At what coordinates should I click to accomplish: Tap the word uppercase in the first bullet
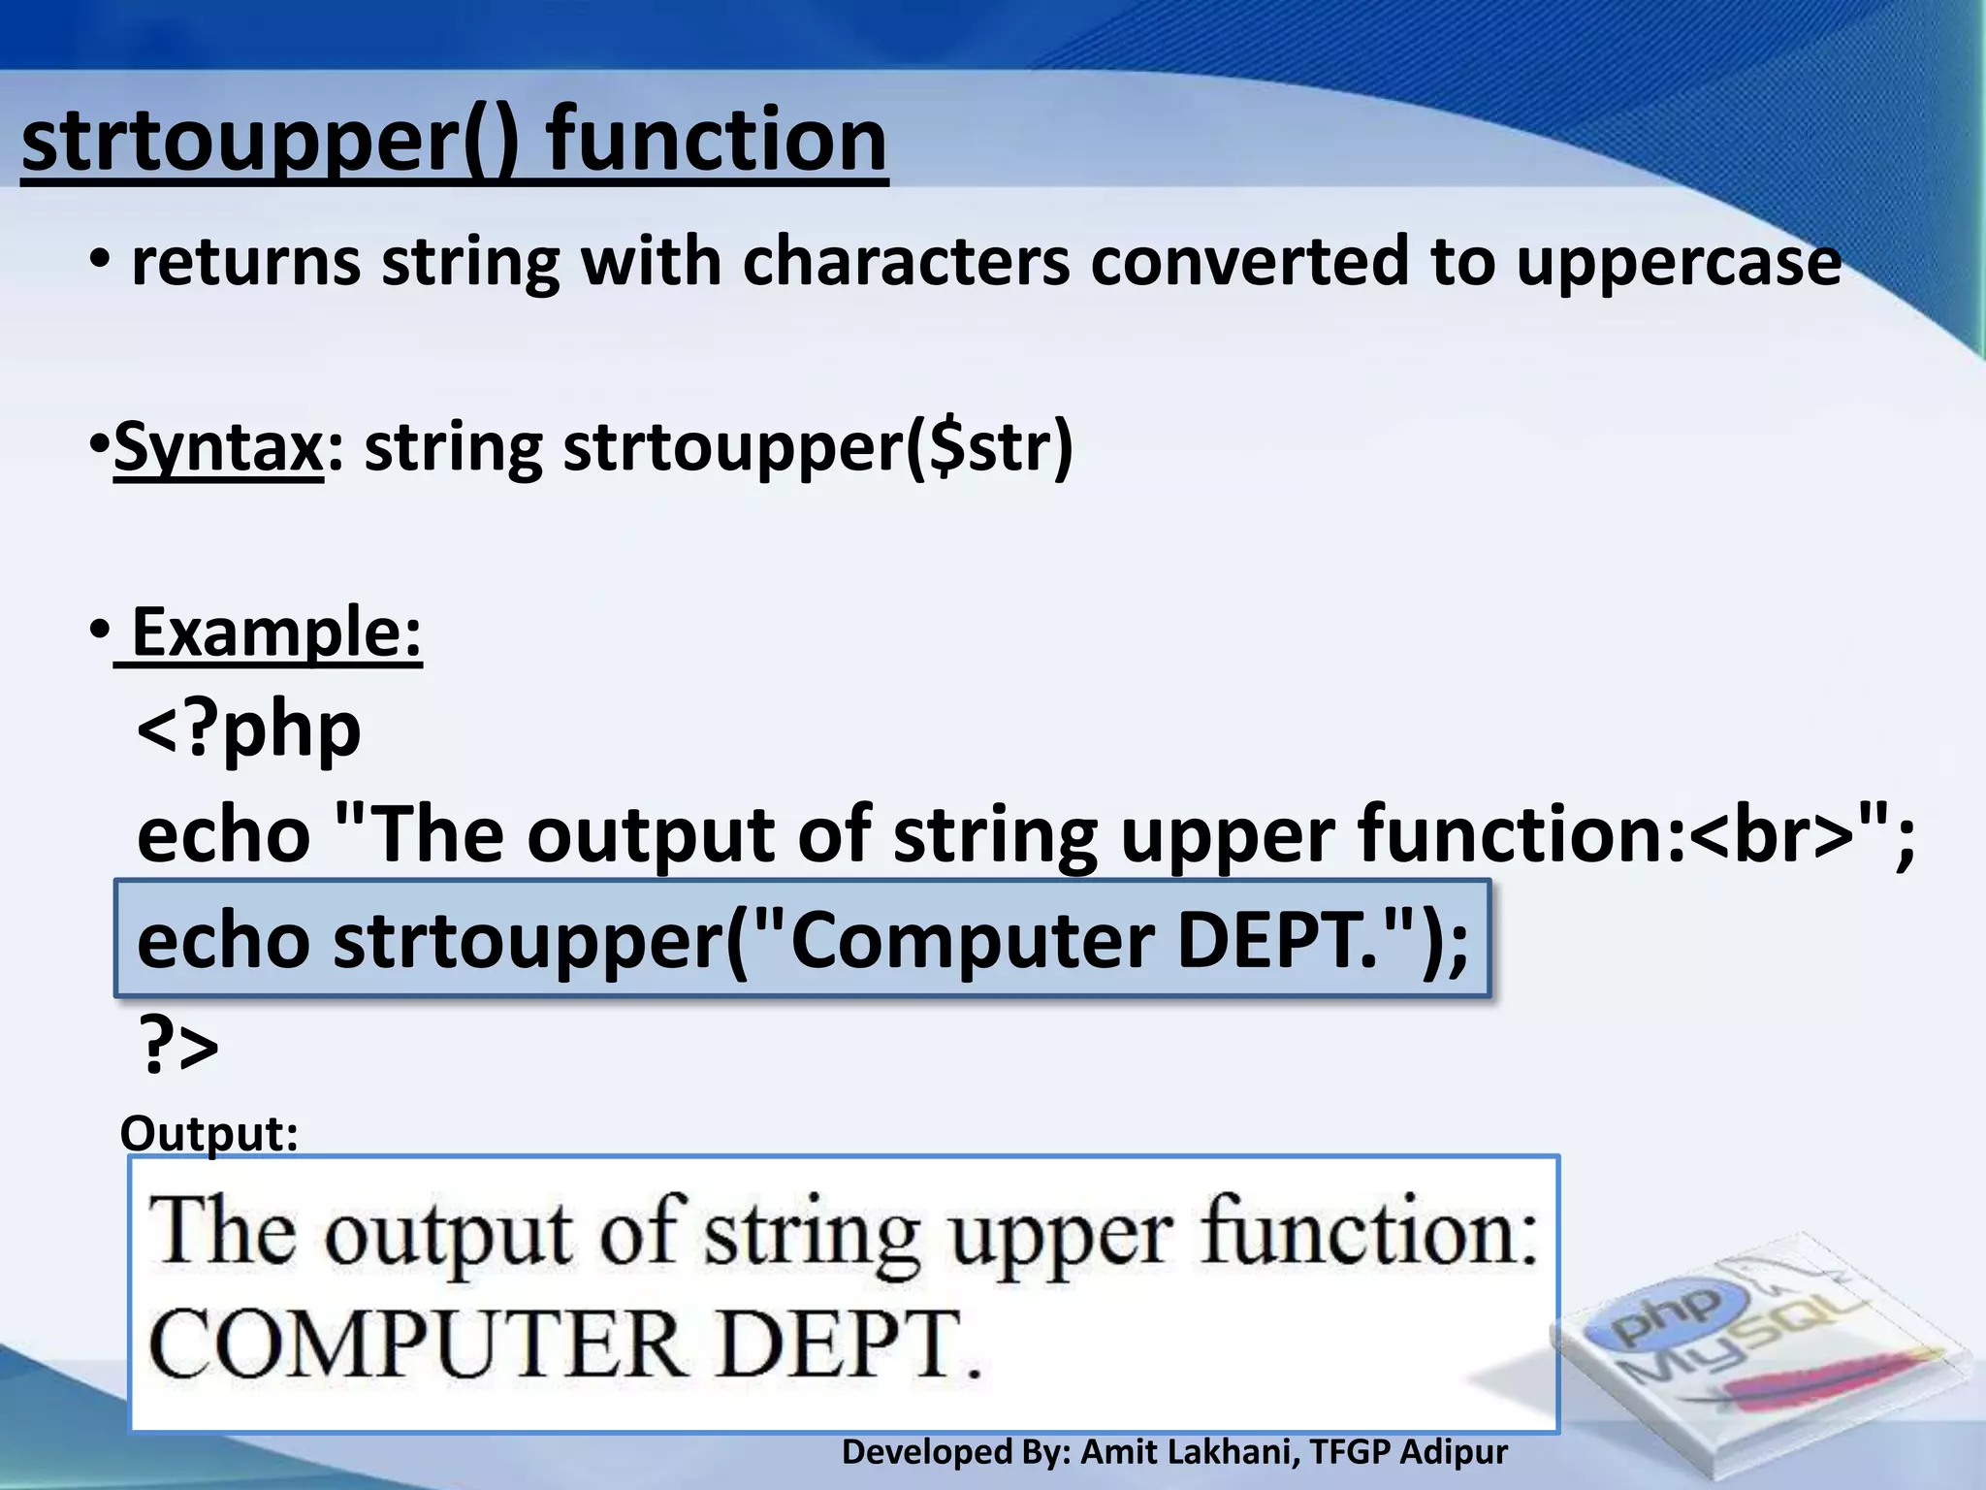(1678, 262)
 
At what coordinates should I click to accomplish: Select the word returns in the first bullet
(246, 262)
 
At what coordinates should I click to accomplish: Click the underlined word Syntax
(218, 448)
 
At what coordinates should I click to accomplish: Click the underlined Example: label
(275, 632)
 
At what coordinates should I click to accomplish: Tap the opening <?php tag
(249, 729)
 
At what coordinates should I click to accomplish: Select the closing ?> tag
(179, 1046)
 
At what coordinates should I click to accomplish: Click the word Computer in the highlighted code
(974, 941)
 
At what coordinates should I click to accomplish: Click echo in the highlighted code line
(223, 941)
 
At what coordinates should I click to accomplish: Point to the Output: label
(208, 1133)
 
